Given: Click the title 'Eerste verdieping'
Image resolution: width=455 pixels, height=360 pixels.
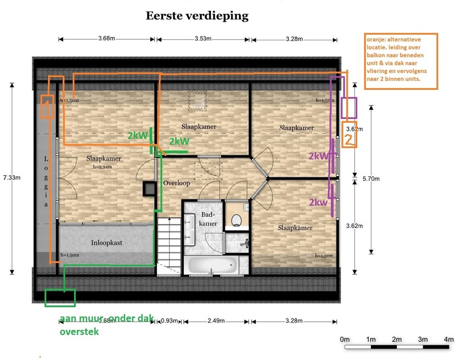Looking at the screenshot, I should coord(197,16).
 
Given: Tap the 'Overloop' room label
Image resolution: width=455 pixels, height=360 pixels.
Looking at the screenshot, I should coord(176,184).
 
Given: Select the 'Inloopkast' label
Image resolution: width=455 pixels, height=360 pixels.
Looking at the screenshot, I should coord(106,242).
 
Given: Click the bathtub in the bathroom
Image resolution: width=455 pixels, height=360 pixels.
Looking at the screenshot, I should coord(212,265).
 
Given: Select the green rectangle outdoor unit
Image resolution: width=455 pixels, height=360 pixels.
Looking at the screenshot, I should coord(60,297).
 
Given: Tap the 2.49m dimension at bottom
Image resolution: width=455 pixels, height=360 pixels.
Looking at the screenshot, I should coord(216,321).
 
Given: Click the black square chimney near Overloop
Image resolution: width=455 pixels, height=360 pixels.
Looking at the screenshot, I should coord(149,189).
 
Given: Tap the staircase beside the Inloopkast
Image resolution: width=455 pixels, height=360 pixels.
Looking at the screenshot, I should coord(168,241).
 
